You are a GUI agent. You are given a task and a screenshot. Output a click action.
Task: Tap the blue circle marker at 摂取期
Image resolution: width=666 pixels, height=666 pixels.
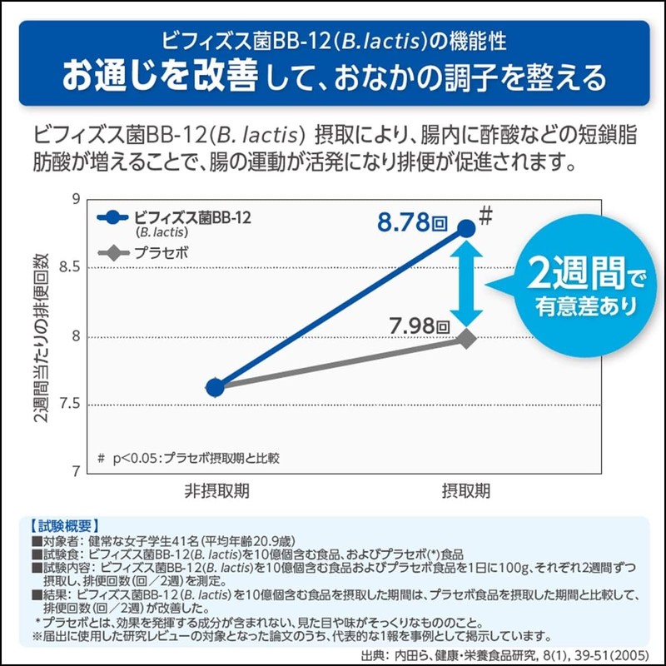pyautogui.click(x=466, y=228)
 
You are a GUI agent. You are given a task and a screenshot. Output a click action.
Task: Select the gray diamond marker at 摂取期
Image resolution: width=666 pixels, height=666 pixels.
pyautogui.click(x=466, y=338)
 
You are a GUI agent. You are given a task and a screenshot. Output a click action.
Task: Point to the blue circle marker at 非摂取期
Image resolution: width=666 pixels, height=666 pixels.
pyautogui.click(x=215, y=387)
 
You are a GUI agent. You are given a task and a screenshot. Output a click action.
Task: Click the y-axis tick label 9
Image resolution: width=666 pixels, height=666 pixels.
pyautogui.click(x=74, y=200)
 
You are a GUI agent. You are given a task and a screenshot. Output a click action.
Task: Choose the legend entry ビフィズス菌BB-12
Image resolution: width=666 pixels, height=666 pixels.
pyautogui.click(x=191, y=217)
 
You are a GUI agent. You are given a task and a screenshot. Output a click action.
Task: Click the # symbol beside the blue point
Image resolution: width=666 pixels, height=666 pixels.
pyautogui.click(x=488, y=213)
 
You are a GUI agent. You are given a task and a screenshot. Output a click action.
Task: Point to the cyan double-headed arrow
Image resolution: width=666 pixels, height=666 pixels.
pyautogui.click(x=468, y=283)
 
